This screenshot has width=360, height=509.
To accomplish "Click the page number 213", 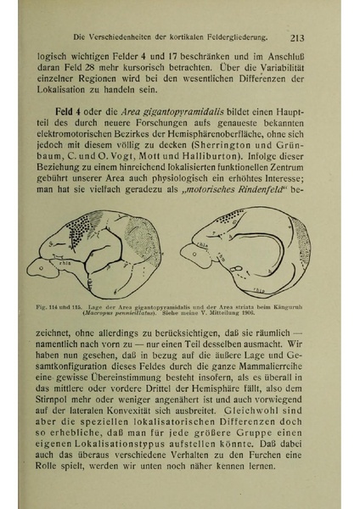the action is tap(297, 36).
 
